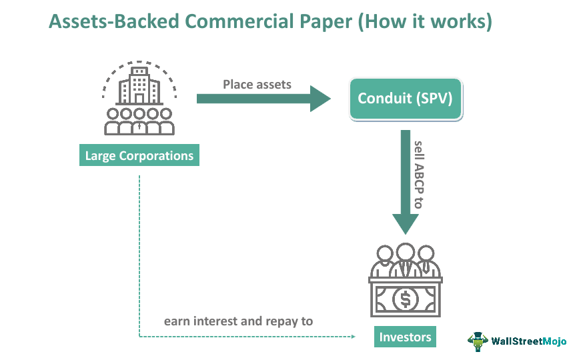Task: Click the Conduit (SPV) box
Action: coord(405,99)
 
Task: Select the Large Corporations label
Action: coord(139,156)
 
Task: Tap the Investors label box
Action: coord(405,337)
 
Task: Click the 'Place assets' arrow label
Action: coord(257,85)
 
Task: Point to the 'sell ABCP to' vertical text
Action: coord(418,175)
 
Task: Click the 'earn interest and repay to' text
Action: coord(238,321)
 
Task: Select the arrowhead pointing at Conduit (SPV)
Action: coord(320,99)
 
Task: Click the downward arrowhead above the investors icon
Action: coord(405,223)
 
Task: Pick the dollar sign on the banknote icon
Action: coord(405,300)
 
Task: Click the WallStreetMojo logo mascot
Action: coord(478,341)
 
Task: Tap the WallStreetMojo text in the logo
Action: coord(529,341)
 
